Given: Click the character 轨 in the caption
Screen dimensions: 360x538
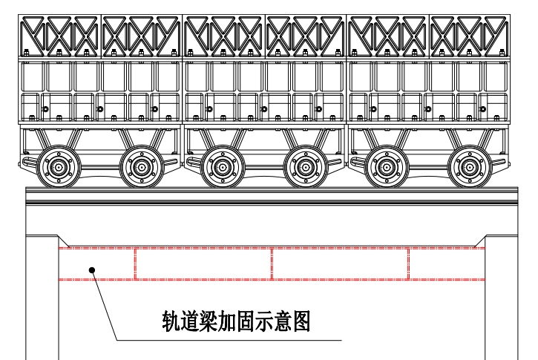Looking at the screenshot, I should (172, 321).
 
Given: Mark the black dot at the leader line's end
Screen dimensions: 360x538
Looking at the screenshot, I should (92, 270).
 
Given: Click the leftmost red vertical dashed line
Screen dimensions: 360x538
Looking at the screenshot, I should (136, 264).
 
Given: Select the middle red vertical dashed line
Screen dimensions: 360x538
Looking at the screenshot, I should (272, 264).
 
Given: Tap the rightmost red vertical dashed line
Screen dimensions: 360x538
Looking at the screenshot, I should (409, 264).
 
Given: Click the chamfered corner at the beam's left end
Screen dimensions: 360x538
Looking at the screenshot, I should (65, 241).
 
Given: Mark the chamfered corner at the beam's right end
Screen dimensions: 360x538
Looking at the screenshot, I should (479, 241).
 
